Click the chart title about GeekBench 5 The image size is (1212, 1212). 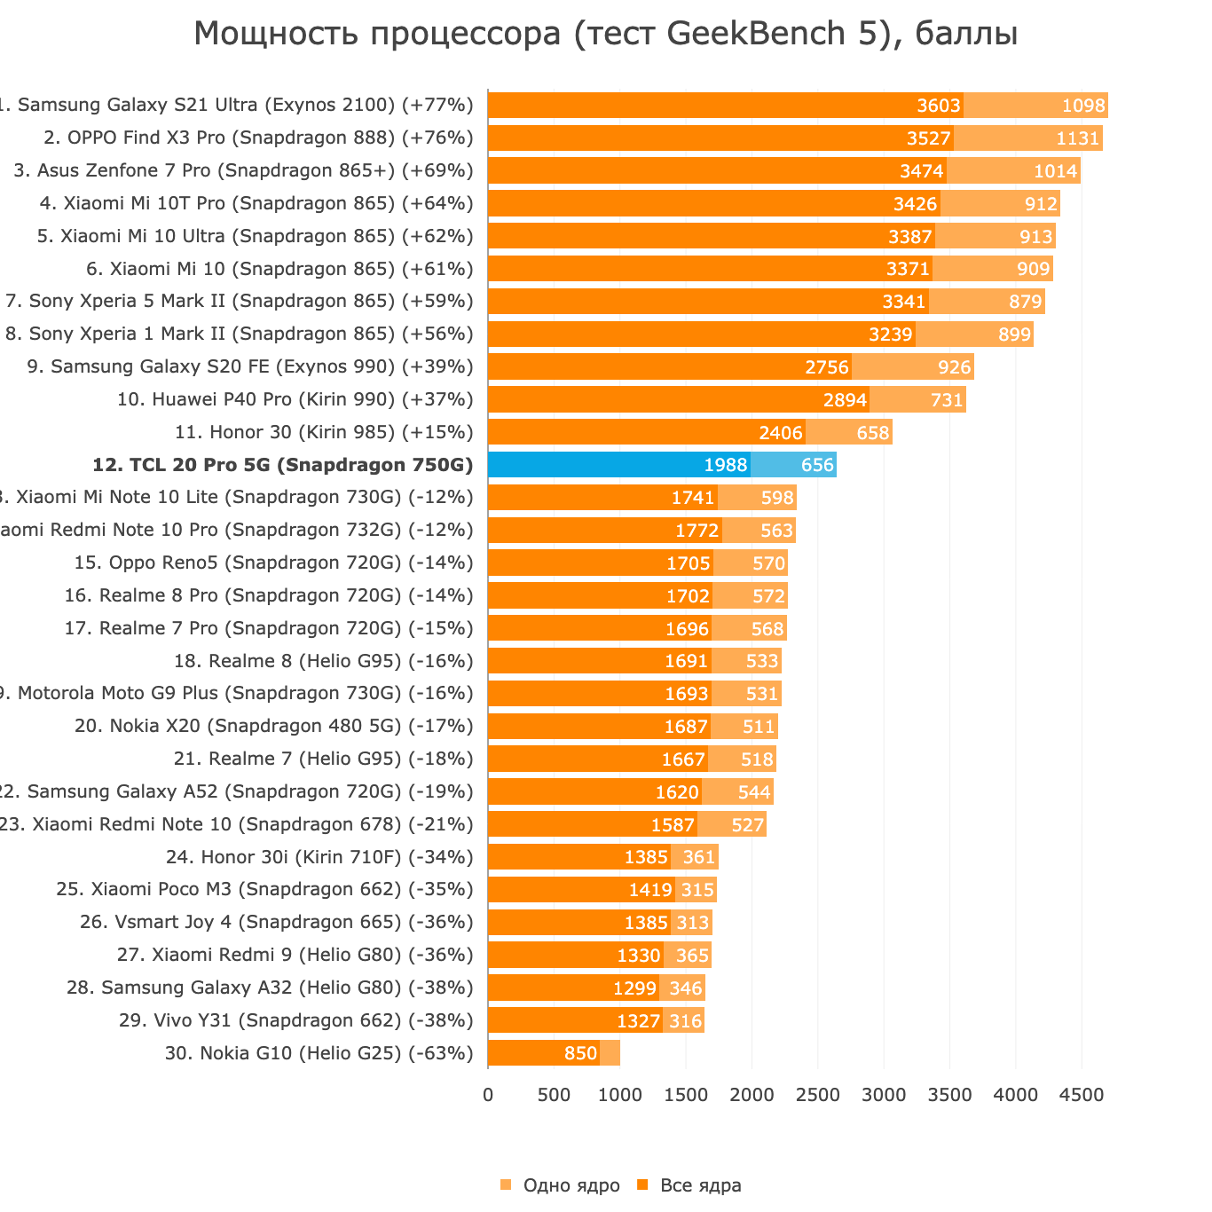click(x=605, y=35)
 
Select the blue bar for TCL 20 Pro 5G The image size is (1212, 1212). click(x=618, y=465)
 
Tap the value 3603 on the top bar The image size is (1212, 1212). click(x=939, y=106)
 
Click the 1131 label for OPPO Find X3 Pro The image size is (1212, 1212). click(x=1078, y=139)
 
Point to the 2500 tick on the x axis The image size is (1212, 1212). click(x=817, y=1096)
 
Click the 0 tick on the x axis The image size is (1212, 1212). click(x=488, y=1096)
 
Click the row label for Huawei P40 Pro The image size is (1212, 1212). click(x=295, y=399)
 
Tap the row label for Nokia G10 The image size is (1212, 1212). click(x=319, y=1053)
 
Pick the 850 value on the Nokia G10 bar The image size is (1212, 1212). click(x=580, y=1054)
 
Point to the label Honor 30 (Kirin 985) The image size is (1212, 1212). click(x=324, y=432)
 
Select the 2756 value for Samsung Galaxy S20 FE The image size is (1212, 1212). click(x=827, y=367)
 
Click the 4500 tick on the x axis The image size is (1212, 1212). click(x=1081, y=1096)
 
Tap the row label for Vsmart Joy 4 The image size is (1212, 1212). click(x=276, y=922)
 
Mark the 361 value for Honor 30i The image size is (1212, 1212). click(x=698, y=858)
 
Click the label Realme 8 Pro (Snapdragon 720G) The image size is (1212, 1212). click(x=269, y=595)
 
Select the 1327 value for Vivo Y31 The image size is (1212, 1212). click(x=639, y=1021)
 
